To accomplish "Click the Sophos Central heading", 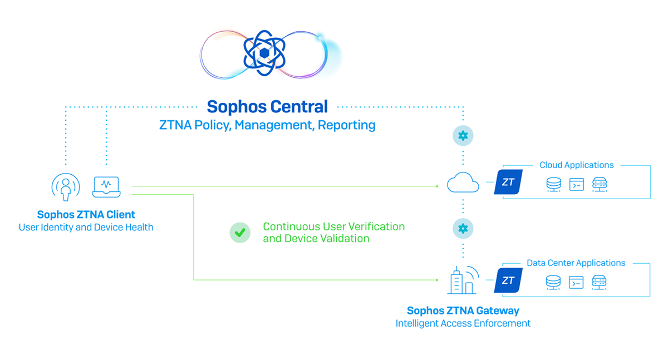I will pyautogui.click(x=267, y=106).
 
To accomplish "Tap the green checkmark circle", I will pyautogui.click(x=240, y=233).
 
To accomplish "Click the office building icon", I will pyautogui.click(x=463, y=280).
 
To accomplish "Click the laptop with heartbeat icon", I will pyautogui.click(x=106, y=186).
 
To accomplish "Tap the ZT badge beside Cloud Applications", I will pyautogui.click(x=508, y=182).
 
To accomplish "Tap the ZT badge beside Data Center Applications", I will pyautogui.click(x=508, y=280).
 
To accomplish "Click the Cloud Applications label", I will pyautogui.click(x=576, y=165).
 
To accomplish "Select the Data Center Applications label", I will pyautogui.click(x=576, y=263).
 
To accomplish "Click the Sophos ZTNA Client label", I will pyautogui.click(x=86, y=215).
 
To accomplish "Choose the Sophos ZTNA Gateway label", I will pyautogui.click(x=463, y=310).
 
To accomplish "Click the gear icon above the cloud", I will pyautogui.click(x=463, y=135).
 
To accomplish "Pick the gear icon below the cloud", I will pyautogui.click(x=463, y=228).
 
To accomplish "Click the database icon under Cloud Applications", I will pyautogui.click(x=553, y=185).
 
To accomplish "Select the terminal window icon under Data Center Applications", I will pyautogui.click(x=576, y=283).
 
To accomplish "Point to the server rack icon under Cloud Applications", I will pyautogui.click(x=599, y=185).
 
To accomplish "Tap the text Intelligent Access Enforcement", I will pyautogui.click(x=463, y=323).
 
